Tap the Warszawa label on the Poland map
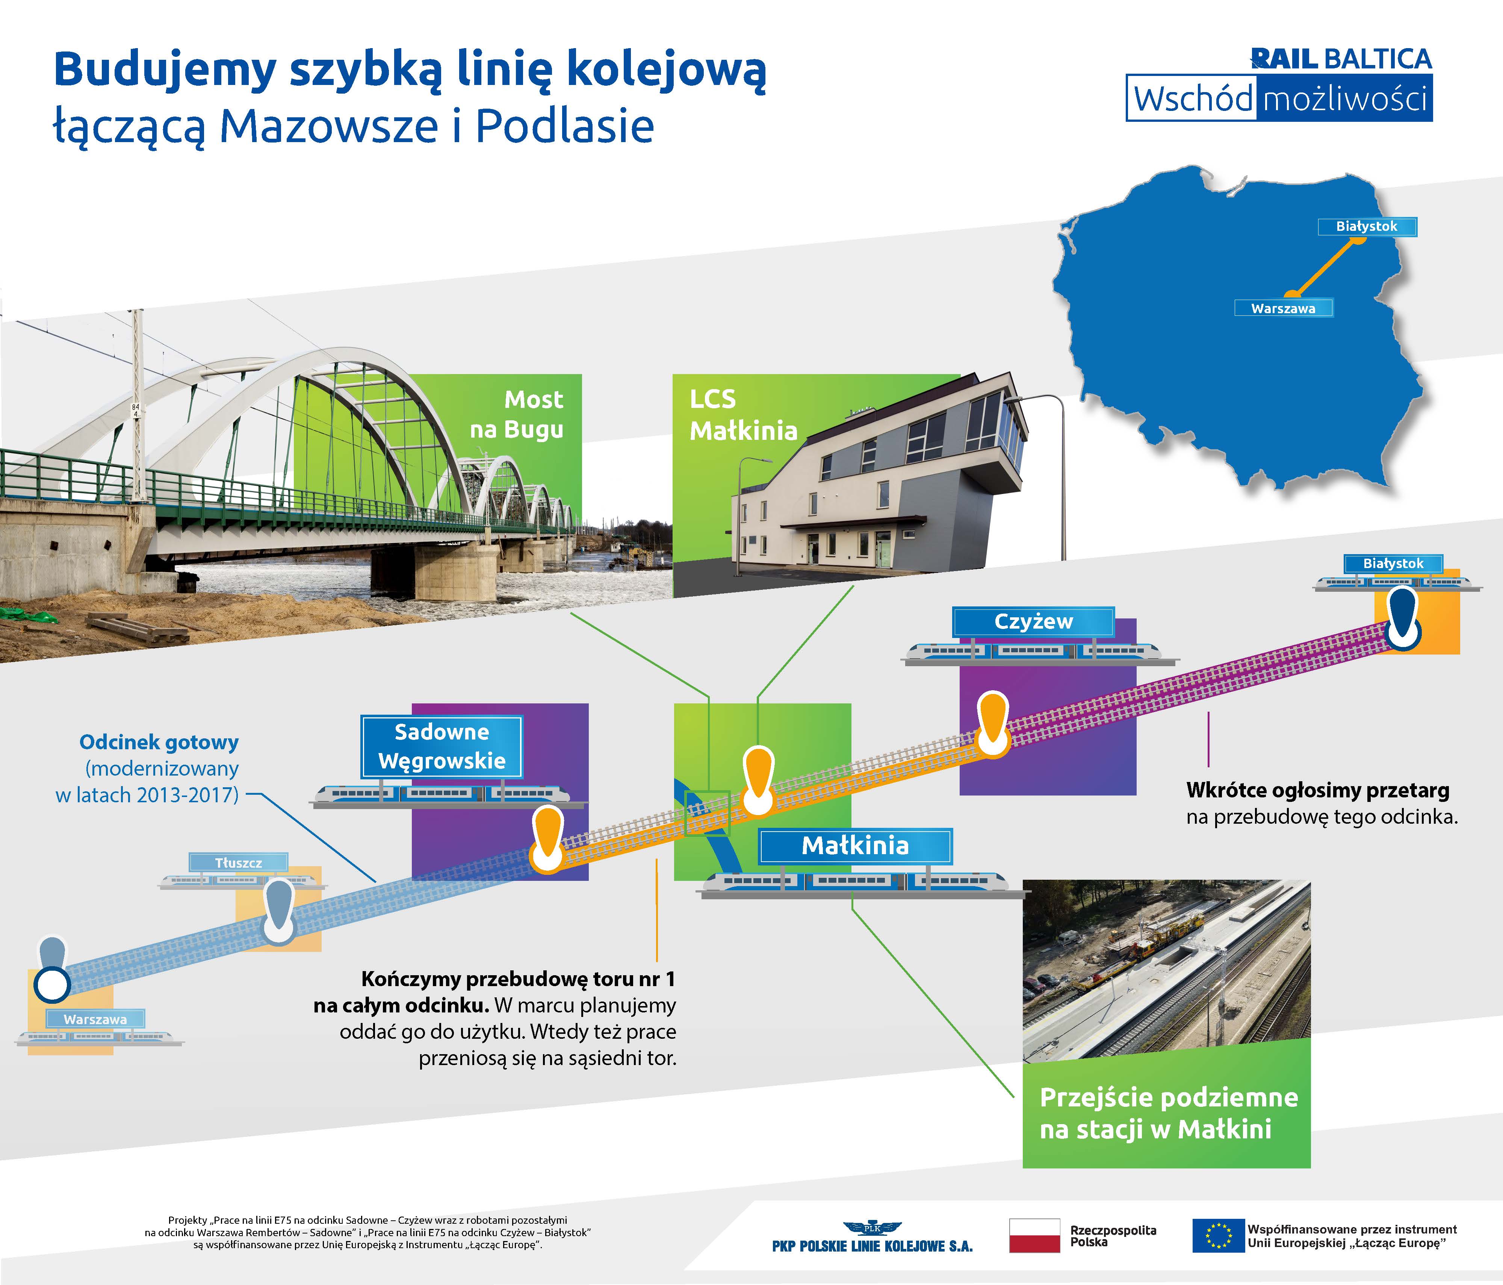(1283, 308)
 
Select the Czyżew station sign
(1033, 622)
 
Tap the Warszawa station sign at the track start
(95, 1020)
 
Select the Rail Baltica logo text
(1341, 59)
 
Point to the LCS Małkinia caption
(743, 415)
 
